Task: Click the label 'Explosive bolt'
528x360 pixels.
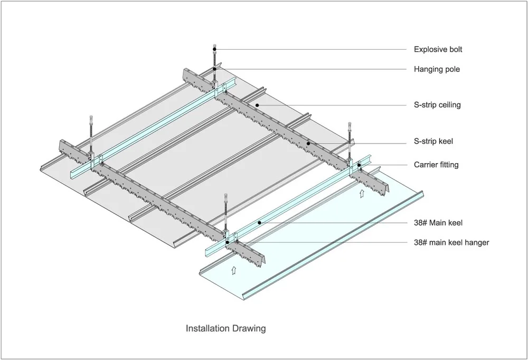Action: coord(438,50)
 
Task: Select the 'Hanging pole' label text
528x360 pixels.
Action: coord(436,69)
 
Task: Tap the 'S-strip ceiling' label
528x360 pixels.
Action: coord(437,105)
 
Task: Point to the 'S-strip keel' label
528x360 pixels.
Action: coord(433,141)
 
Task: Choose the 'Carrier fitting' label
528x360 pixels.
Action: coord(436,165)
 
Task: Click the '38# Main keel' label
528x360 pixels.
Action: coord(438,223)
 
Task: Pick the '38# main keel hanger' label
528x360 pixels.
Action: coord(451,242)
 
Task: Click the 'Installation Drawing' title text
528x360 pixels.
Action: coord(225,328)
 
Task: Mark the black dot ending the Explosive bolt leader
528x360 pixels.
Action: coord(215,50)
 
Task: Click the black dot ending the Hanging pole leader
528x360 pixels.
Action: coord(215,69)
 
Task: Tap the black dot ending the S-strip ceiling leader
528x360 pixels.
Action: coord(257,105)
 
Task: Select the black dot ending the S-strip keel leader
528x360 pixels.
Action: coord(308,143)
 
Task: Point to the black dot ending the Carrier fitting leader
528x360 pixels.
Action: coord(360,165)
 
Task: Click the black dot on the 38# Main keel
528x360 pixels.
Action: coord(259,223)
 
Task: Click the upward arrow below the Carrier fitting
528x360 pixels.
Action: coord(362,193)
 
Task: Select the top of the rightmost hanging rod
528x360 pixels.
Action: coord(350,125)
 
